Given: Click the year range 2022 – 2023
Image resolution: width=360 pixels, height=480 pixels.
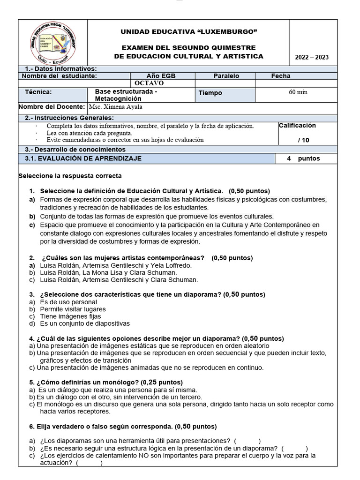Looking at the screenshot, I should coord(312,58).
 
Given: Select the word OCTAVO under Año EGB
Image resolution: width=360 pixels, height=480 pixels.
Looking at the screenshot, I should coord(149,83).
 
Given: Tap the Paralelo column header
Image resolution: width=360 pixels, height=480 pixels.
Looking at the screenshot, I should coord(226,76).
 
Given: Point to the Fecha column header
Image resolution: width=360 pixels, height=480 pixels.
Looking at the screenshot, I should coord(280,76).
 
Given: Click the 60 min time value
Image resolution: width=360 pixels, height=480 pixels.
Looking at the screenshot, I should coord(298,92).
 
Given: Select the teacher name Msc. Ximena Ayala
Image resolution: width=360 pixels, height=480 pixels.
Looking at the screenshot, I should coord(115,107).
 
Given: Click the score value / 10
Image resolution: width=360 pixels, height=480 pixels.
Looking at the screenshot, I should coord(303,140).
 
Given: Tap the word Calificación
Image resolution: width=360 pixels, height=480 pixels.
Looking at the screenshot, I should coord(297,126).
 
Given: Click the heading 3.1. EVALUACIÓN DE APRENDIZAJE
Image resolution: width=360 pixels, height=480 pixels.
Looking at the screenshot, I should coord(83,158).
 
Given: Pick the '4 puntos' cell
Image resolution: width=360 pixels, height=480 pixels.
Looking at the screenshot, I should coord(303,158).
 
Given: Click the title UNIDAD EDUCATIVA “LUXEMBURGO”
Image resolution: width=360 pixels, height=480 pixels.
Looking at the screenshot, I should coord(189,31).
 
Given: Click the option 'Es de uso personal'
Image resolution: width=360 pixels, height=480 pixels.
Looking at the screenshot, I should coord(68,302).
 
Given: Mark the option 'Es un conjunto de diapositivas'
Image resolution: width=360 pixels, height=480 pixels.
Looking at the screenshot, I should coord(85,323).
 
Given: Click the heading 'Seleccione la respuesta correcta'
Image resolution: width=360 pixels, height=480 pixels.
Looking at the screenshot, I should coord(70,176).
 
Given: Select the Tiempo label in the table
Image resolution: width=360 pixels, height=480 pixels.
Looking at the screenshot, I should coord(210,93).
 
